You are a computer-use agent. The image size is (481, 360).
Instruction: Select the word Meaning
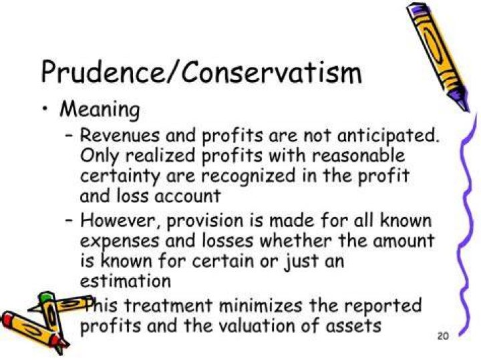[x=100, y=110]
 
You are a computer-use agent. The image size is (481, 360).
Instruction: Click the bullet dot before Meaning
[x=45, y=109]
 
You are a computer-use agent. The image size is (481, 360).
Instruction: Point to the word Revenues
[x=120, y=135]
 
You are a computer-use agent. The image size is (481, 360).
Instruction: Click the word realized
[x=160, y=156]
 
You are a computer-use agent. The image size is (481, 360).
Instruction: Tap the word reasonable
[x=358, y=156]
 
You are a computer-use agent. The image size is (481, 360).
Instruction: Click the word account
[x=187, y=196]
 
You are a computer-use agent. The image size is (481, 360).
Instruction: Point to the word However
[x=120, y=221]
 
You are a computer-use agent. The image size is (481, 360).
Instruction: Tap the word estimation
[x=125, y=281]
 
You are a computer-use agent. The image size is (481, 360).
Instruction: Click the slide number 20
[x=443, y=337]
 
